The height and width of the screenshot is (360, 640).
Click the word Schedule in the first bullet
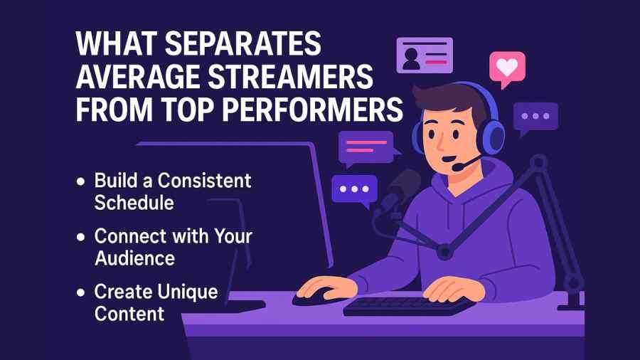pos(134,202)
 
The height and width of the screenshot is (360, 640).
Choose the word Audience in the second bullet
pos(135,258)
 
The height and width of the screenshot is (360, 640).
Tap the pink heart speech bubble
pos(506,68)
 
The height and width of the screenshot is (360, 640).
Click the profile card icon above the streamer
pos(424,55)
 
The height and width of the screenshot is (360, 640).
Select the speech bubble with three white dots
pos(353,190)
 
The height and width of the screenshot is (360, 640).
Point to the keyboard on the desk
pos(408,305)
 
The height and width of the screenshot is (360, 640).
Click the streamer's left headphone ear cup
pos(490,133)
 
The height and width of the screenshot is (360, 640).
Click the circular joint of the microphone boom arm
pos(445,250)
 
